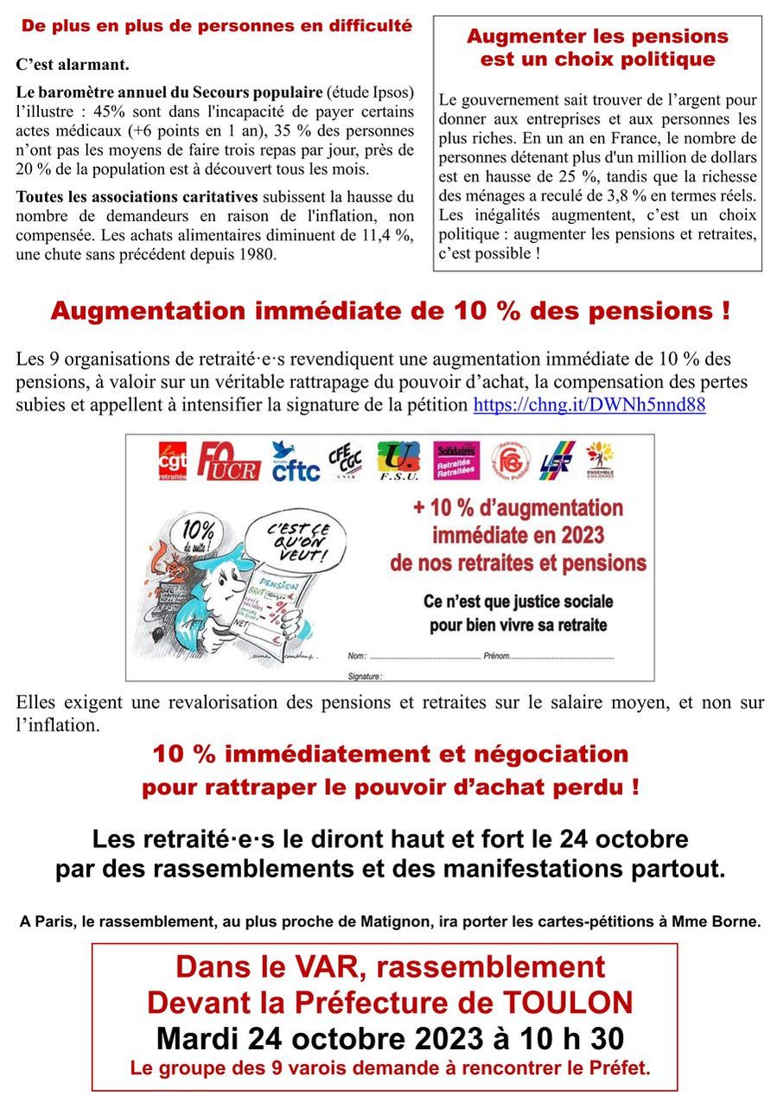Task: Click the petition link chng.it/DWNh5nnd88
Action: [589, 404]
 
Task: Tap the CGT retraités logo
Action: [172, 461]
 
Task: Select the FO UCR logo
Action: [228, 461]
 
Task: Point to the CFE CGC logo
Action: [345, 462]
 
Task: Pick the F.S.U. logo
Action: [398, 461]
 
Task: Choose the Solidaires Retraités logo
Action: [455, 461]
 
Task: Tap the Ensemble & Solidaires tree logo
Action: [600, 461]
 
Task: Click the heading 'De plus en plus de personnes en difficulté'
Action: [217, 26]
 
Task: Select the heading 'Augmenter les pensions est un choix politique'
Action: [597, 48]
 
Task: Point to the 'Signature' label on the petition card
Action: [365, 674]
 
